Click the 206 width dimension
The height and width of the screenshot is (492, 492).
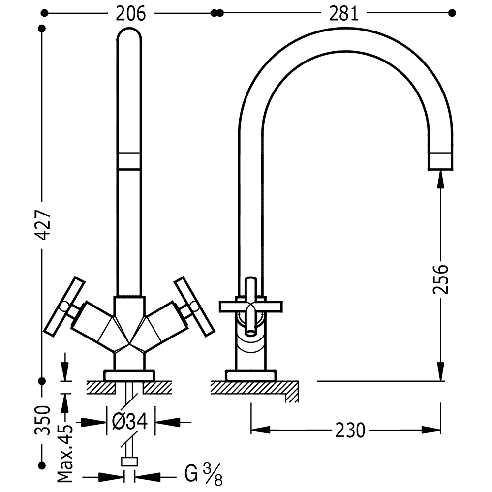point(131,14)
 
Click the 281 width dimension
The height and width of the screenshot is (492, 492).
point(343,14)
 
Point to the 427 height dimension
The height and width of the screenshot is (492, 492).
point(43,225)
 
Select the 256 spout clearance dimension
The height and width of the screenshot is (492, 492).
point(441,279)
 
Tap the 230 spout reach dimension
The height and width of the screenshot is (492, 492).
point(350,430)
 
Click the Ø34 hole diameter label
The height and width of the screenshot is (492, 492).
point(130,422)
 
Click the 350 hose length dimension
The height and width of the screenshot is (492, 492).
point(43,421)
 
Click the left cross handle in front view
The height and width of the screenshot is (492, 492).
point(64,306)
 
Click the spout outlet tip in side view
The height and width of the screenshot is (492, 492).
point(440,162)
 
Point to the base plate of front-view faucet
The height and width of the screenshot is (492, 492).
point(129,376)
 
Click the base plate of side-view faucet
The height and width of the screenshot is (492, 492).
point(251,376)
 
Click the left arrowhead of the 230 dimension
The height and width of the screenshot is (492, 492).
point(260,430)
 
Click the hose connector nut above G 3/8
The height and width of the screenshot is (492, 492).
point(129,462)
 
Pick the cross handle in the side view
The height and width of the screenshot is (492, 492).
point(251,306)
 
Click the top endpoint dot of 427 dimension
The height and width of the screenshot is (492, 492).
point(42,29)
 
